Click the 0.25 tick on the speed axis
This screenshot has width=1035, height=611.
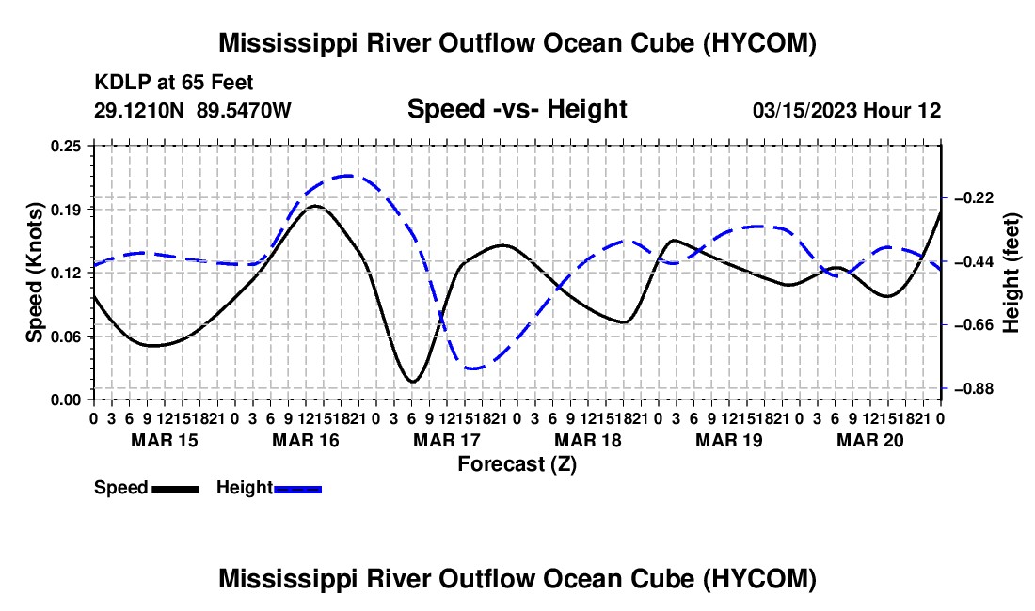pyautogui.click(x=65, y=146)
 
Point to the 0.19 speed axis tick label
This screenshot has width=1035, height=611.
pyautogui.click(x=65, y=210)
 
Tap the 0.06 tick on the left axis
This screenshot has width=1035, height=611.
pyautogui.click(x=65, y=337)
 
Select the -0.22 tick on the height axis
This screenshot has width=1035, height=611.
pyautogui.click(x=969, y=198)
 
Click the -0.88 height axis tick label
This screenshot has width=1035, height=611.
pyautogui.click(x=969, y=389)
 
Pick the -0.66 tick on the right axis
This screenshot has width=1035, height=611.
pyautogui.click(x=969, y=325)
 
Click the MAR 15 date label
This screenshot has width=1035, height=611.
pyautogui.click(x=165, y=440)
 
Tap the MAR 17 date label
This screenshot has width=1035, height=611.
pyautogui.click(x=447, y=440)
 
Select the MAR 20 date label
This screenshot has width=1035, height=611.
pyautogui.click(x=870, y=440)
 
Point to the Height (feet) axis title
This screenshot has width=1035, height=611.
pyautogui.click(x=1011, y=273)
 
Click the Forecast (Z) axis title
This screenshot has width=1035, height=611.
pyautogui.click(x=517, y=464)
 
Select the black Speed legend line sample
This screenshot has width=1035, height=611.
pyautogui.click(x=176, y=489)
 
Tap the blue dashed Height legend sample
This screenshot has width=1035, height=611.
pyautogui.click(x=297, y=489)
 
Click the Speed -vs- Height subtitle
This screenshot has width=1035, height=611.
pyautogui.click(x=517, y=109)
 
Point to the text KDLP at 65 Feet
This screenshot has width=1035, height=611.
pyautogui.click(x=174, y=83)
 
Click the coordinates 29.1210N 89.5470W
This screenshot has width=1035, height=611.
pyautogui.click(x=192, y=110)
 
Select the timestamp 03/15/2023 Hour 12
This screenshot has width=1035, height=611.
pyautogui.click(x=847, y=110)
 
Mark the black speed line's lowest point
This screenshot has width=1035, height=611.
pyautogui.click(x=412, y=382)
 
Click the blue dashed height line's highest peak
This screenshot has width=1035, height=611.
pyautogui.click(x=348, y=176)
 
